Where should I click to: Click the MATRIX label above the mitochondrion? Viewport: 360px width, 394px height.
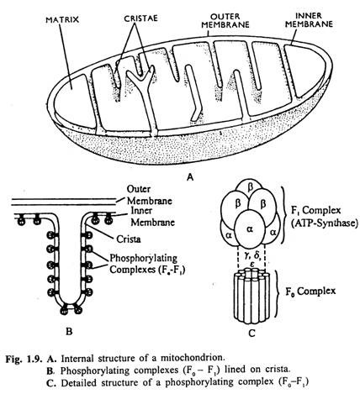point(62,20)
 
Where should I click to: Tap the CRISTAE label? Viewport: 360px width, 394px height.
point(141,18)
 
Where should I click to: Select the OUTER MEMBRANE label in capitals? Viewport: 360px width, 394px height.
point(225,21)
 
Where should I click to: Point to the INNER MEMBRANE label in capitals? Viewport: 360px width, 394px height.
point(309,20)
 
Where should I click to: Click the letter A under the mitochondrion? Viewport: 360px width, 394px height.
point(190,177)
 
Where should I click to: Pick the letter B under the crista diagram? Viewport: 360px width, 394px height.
point(69,332)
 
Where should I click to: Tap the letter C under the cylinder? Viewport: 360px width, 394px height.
point(251,334)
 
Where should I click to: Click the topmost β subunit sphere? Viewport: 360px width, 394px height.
point(250,188)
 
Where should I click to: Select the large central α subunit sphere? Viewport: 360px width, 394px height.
point(250,229)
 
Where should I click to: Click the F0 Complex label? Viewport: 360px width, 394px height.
point(310,292)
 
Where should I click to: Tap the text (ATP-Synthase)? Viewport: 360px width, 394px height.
point(325,223)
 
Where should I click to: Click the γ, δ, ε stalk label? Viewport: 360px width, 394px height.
point(251,258)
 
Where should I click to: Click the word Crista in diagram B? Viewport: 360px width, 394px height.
point(129,239)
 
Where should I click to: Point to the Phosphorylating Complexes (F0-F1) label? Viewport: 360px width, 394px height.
point(147,264)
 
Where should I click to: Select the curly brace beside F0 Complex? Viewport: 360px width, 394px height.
point(277,293)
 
